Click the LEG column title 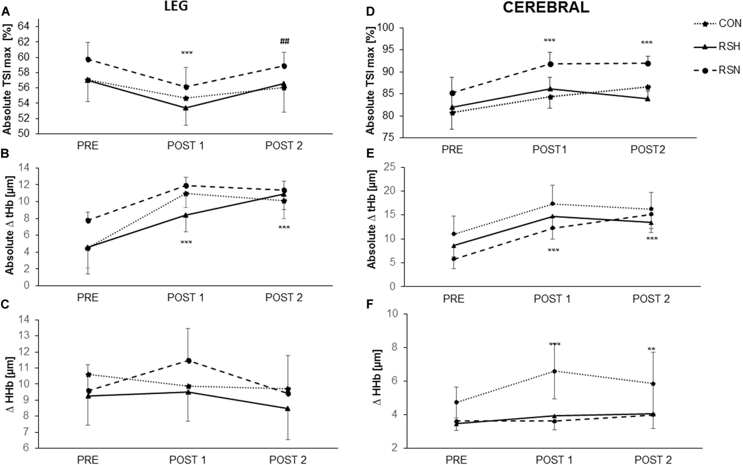point(176,7)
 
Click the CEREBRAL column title point(546,7)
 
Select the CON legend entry point(730,23)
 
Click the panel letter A point(5,11)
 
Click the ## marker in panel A point(284,41)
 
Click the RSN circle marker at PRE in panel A point(88,59)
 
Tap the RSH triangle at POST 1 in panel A point(186,108)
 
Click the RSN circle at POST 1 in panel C point(189,360)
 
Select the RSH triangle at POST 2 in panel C point(288,409)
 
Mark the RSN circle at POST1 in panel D point(550,64)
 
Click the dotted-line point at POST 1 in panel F point(555,371)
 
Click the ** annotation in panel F point(651,349)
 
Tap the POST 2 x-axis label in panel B point(284,297)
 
